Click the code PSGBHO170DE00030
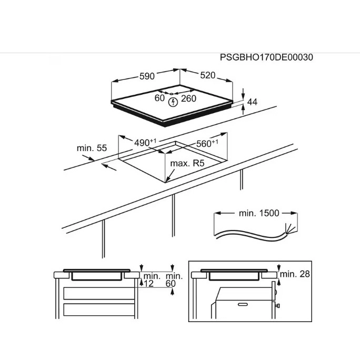click(266, 57)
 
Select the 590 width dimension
click(147, 76)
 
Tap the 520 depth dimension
click(207, 75)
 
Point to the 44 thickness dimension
click(252, 102)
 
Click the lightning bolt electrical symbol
click(173, 102)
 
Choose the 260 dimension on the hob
click(188, 98)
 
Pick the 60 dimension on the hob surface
click(159, 98)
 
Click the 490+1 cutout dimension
click(145, 142)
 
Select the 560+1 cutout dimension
click(207, 144)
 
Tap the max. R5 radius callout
click(187, 164)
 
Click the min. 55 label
click(92, 148)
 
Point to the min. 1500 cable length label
click(259, 213)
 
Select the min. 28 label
click(295, 274)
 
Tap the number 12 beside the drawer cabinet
click(148, 284)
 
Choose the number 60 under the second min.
click(171, 284)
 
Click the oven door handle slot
click(243, 304)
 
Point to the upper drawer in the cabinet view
click(99, 293)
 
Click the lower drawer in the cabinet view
click(99, 309)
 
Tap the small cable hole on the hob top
click(172, 94)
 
